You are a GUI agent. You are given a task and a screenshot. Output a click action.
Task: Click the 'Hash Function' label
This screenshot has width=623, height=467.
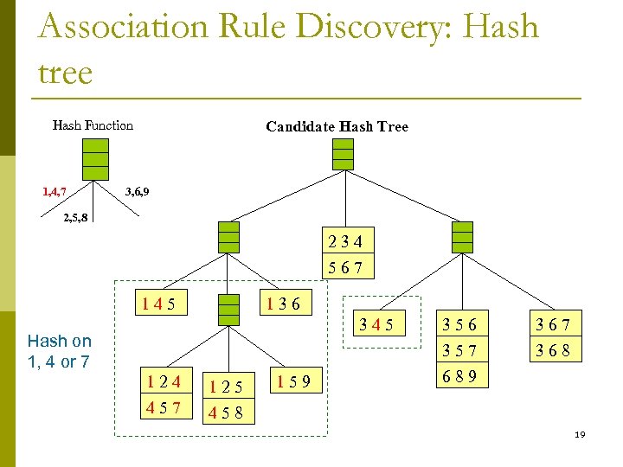[93, 125]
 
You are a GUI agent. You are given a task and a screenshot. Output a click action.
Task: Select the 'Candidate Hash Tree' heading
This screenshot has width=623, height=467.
[337, 127]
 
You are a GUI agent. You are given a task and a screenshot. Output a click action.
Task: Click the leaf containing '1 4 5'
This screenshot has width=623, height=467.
[165, 304]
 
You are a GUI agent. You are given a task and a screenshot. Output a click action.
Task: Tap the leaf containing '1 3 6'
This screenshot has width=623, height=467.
[283, 304]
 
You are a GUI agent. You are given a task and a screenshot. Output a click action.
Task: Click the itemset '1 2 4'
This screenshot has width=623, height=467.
[164, 381]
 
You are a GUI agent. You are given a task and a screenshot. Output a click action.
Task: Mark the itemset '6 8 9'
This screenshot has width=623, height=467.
[459, 376]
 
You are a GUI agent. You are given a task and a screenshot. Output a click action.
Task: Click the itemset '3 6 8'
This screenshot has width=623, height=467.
[553, 351]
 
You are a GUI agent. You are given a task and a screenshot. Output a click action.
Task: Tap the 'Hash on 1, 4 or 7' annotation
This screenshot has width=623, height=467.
[59, 351]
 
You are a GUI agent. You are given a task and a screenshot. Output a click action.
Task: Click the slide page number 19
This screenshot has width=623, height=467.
[580, 434]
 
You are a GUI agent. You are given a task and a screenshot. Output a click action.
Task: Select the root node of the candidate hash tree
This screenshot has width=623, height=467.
[344, 154]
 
